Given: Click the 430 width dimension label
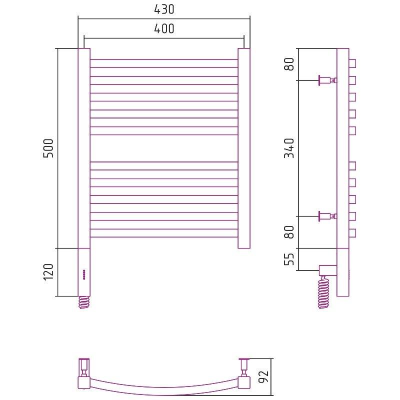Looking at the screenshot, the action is (x=164, y=9).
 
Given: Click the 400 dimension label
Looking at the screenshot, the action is (x=164, y=28).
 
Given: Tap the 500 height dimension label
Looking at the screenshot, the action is (x=48, y=148).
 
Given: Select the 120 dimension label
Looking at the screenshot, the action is (x=48, y=272).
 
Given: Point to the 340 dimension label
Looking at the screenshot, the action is (x=289, y=148).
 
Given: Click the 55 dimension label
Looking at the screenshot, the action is (x=289, y=259).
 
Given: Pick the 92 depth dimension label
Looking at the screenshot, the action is (x=263, y=376).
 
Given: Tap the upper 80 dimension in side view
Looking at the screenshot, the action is (x=289, y=64).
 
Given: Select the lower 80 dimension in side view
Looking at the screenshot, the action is (x=289, y=232).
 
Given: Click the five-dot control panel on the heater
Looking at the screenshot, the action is (x=84, y=274).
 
